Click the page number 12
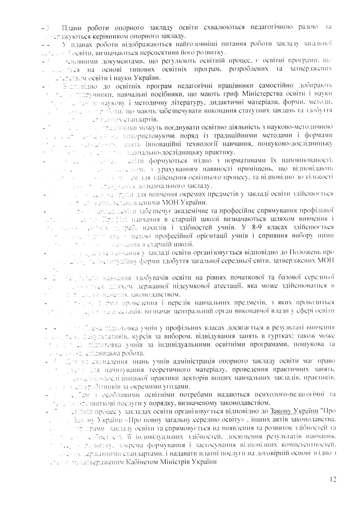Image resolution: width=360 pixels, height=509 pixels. [x=334, y=479]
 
